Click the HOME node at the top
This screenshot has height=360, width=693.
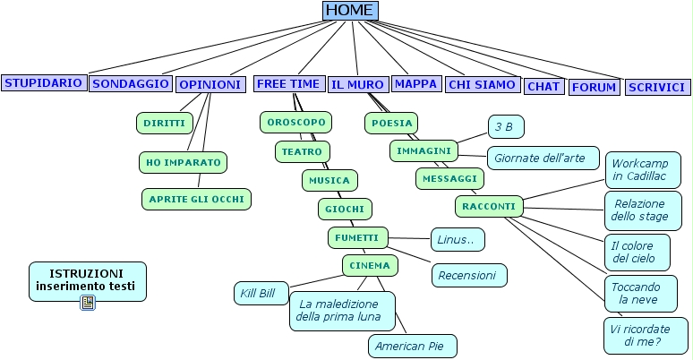coord(350,10)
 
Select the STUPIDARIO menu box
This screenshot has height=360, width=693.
coord(44,82)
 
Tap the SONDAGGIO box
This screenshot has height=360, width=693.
coord(131,83)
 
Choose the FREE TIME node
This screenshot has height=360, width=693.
coord(288,83)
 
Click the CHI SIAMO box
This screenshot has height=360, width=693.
coord(482,84)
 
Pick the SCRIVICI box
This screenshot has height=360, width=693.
coord(657,87)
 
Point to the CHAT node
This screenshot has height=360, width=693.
coord(543,87)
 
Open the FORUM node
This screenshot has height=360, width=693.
coord(595,87)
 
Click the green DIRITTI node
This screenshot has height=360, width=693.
coord(164,123)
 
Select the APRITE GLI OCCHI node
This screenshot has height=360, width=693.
coord(196,199)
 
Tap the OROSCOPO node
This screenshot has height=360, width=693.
coord(295,121)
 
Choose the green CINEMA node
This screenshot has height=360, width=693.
coord(370,265)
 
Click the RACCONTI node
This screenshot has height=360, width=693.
coord(489,207)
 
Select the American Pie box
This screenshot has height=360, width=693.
coord(412,346)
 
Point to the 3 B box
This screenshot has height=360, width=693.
coord(506,126)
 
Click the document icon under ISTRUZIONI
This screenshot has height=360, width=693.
coord(88,303)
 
